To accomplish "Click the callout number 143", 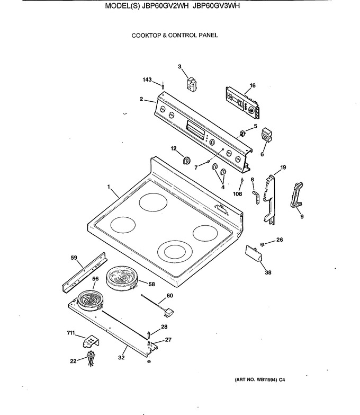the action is coord(147,80).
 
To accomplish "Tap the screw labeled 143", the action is coord(163,85).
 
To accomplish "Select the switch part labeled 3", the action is coord(191,84).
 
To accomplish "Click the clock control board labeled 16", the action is coord(243,103).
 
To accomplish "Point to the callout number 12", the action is coord(174,148).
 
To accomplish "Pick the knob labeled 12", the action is coord(186,160).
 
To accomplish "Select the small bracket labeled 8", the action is coord(256,197).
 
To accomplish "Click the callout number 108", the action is coord(237,194).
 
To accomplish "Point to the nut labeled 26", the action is coord(263,244).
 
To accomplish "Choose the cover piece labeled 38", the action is coord(254,254).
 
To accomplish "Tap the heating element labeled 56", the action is coord(89,301).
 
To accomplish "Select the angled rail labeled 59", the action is coord(85,272).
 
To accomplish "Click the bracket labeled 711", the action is coord(90,341).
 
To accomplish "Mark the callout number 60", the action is coord(169,295).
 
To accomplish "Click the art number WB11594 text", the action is coord(266,380).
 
